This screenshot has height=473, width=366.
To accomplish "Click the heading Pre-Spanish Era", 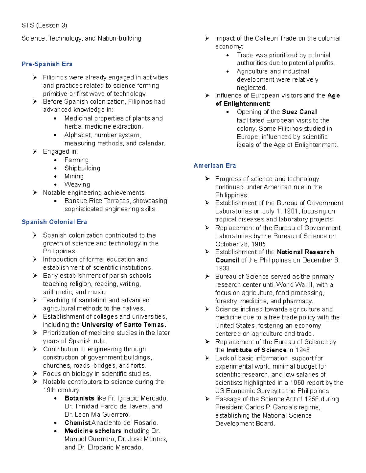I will (47, 64).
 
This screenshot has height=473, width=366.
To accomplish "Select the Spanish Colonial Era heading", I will (54, 222).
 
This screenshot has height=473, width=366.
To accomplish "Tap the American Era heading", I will (215, 165).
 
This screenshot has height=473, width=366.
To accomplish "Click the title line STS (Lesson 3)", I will (44, 25).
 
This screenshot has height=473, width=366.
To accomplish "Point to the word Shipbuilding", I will (82, 168).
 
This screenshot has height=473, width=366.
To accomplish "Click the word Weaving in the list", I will (77, 185).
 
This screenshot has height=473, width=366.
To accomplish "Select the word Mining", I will (74, 176).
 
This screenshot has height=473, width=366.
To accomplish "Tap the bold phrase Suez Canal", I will (299, 112).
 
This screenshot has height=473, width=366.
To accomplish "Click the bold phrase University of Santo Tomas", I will (124, 325).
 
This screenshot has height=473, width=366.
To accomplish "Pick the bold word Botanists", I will (79, 398).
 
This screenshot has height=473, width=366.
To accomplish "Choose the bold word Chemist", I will (77, 423).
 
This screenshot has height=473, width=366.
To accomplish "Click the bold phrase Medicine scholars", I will (93, 431).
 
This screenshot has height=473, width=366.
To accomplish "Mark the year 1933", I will (223, 268).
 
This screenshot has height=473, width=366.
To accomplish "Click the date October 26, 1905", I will (241, 244).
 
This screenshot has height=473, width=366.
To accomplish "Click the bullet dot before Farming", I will (55, 160).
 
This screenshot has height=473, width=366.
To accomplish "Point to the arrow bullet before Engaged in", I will (35, 151).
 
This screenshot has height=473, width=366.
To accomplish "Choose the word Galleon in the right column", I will (266, 38).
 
